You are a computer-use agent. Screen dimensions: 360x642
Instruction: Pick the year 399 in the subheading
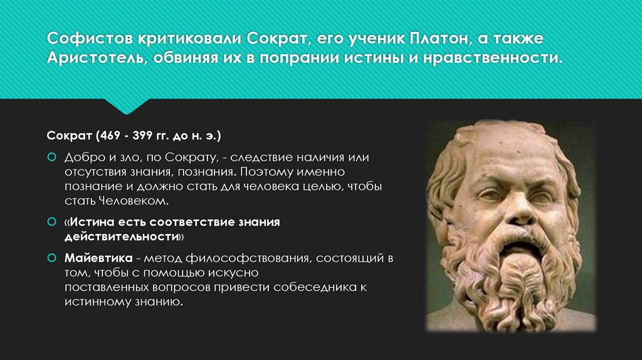click(x=144, y=135)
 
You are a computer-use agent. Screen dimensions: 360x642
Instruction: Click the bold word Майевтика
click(x=97, y=258)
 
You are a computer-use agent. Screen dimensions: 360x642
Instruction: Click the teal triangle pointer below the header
click(x=127, y=106)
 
